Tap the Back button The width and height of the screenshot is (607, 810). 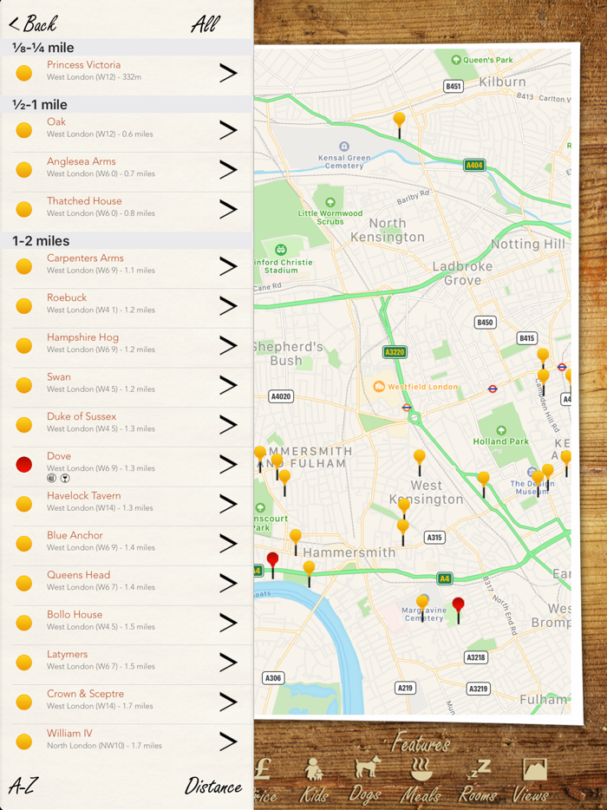pos(33,23)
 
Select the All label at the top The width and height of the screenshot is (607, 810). pos(205,23)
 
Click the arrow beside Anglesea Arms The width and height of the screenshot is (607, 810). pos(228,170)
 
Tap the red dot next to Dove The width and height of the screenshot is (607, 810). pos(24,464)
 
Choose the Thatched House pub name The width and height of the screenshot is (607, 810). pos(84,201)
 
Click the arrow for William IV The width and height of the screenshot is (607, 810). pos(228,741)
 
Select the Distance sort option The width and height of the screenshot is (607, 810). pos(212,787)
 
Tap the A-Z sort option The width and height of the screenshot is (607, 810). pos(23,787)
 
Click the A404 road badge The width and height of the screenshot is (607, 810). pos(473,165)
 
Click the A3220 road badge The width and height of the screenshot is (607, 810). pos(395,352)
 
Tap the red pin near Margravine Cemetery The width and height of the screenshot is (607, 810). pos(459,605)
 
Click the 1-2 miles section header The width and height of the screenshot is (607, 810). pos(41,241)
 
